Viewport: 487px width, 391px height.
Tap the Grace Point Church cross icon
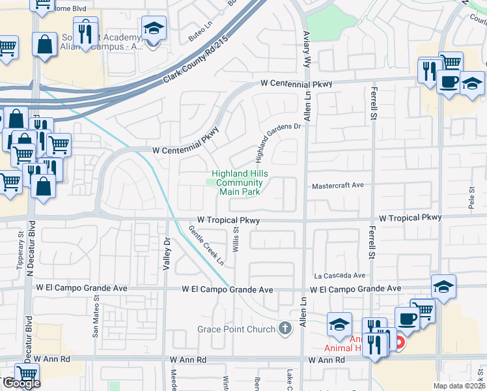pos(285,329)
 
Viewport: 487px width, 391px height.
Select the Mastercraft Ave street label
pos(337,185)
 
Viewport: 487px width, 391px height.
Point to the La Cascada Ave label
pos(339,276)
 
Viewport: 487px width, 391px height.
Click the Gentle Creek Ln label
pos(206,246)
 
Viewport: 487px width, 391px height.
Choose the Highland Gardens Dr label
pos(279,143)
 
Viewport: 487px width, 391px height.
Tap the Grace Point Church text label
pos(236,329)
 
